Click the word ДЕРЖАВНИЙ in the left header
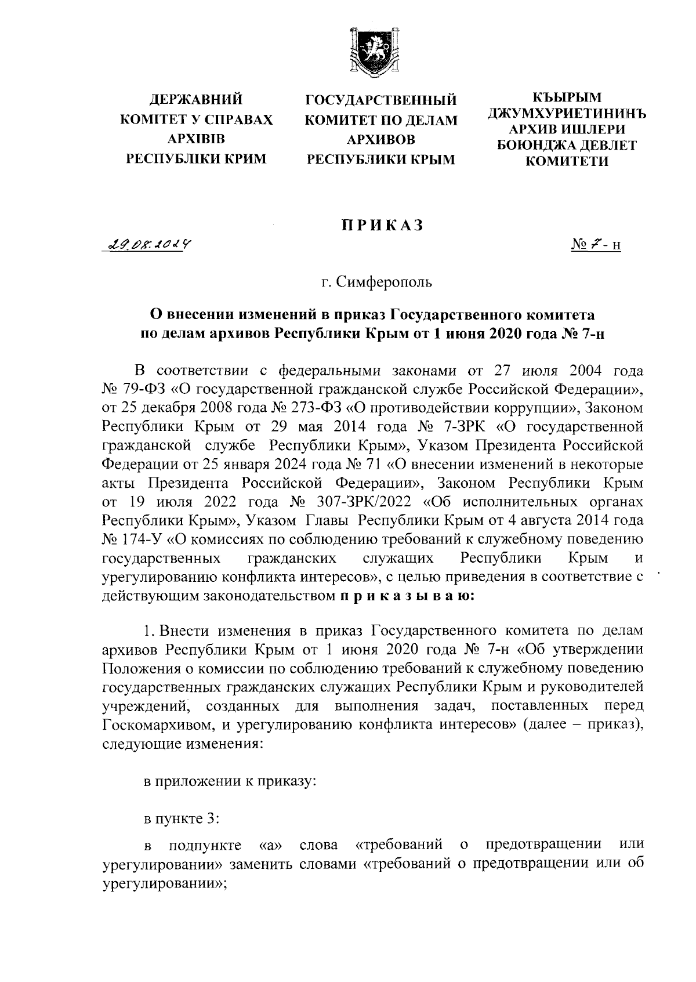pos(196,100)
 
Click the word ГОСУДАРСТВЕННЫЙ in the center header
pos(381,100)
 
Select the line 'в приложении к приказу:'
pos(230,781)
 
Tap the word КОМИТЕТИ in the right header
pos(567,162)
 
